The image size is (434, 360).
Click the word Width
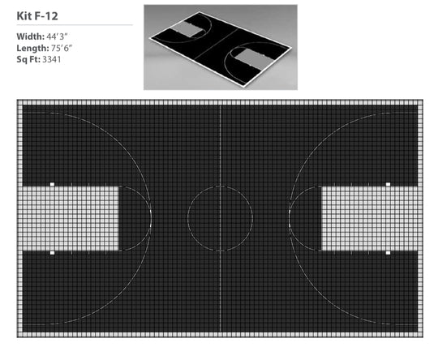click(28, 36)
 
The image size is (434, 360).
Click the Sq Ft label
click(26, 59)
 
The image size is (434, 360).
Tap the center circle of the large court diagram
click(220, 218)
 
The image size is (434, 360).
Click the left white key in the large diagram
click(69, 218)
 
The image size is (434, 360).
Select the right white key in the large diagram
click(372, 218)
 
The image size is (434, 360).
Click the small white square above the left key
click(52, 184)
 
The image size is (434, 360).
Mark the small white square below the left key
click(52, 252)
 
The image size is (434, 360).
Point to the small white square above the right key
click(388, 184)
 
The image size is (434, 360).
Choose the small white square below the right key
click(388, 252)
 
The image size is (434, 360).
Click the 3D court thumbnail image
click(220, 46)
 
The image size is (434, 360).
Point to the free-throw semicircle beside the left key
click(151, 218)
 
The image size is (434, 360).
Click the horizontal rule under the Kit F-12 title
click(73, 25)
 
